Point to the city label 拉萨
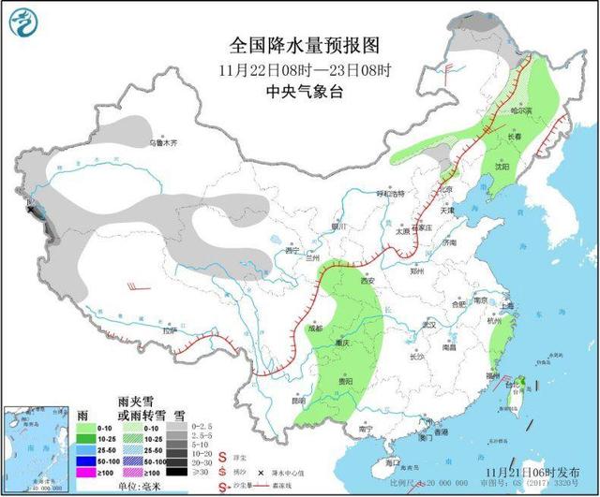click(x=168, y=330)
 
